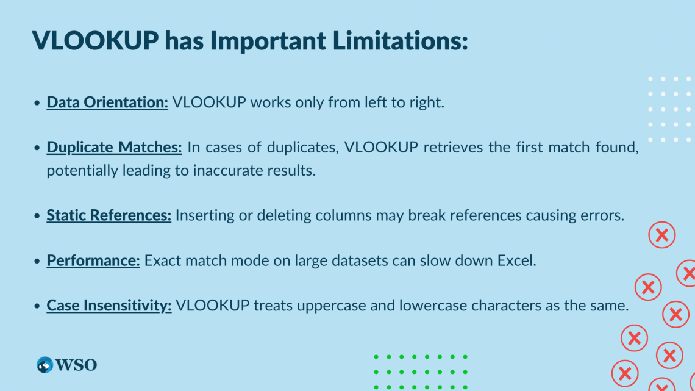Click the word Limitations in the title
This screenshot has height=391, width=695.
tap(401, 40)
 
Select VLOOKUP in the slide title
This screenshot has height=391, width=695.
tap(95, 40)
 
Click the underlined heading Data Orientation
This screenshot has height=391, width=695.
tap(107, 102)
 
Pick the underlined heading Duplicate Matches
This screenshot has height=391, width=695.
tap(114, 147)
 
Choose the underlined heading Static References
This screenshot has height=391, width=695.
tap(109, 215)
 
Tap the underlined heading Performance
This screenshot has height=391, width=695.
tap(93, 260)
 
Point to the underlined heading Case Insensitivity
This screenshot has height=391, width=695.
tap(109, 306)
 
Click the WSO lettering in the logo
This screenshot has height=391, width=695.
tap(76, 365)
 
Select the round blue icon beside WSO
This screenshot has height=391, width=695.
tap(45, 365)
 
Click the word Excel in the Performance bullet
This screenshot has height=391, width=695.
tap(516, 260)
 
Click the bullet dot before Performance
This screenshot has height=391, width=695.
tap(37, 260)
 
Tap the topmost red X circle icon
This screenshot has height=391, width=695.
tap(661, 235)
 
